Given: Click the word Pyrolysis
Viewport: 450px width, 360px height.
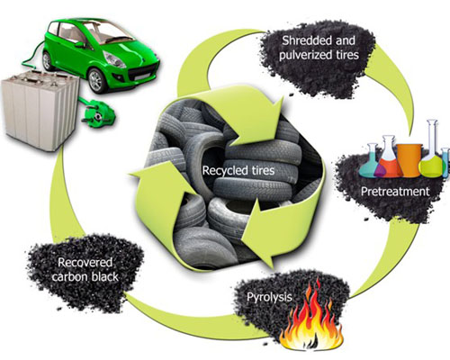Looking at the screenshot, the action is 269,297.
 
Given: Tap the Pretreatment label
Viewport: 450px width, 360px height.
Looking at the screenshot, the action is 395,192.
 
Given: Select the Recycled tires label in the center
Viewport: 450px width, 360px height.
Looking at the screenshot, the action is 238,170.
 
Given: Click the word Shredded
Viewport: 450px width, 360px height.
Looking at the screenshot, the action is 306,40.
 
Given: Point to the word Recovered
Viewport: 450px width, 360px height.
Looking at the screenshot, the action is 85,263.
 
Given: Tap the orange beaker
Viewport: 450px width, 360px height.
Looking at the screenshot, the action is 409,160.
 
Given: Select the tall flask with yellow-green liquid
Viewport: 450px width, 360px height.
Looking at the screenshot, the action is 431,150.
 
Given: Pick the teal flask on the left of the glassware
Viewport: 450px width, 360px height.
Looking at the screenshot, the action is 370,161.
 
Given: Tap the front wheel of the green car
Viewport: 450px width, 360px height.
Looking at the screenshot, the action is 97,80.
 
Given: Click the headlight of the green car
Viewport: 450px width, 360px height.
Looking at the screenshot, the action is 114,59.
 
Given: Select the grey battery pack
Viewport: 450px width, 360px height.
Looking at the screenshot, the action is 40,110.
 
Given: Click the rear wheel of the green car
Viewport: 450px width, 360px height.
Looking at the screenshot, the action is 48,61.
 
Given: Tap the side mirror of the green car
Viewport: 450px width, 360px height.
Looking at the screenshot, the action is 80,45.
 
